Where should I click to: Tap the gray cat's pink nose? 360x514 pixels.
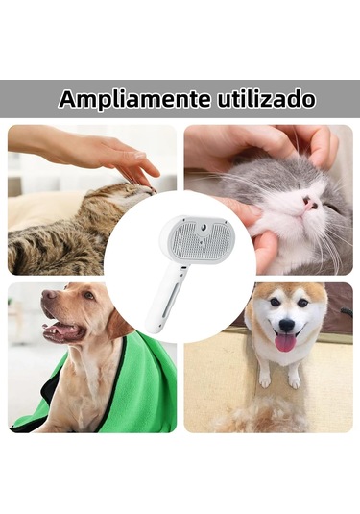click(310, 204)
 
